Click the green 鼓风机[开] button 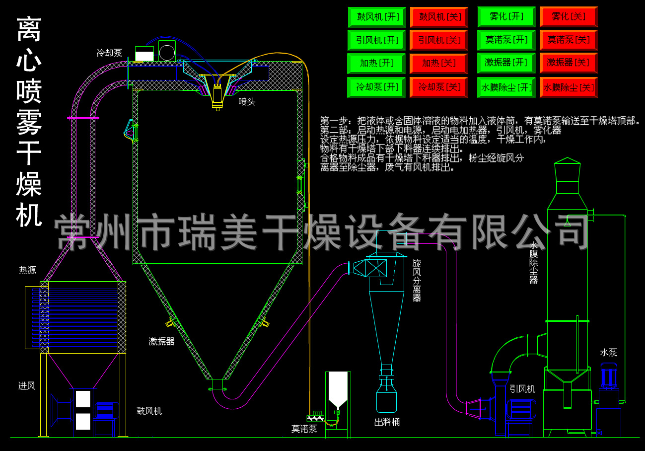(x=377, y=17)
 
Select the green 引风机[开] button (x=377, y=40)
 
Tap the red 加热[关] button (x=438, y=64)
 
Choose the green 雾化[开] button (x=506, y=17)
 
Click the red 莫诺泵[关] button (x=568, y=40)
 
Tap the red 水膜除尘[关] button (x=568, y=87)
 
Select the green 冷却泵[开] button (x=377, y=87)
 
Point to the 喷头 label (x=247, y=102)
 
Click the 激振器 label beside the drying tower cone (x=161, y=341)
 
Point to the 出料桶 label (x=387, y=422)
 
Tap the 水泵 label (x=608, y=352)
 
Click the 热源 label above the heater (x=27, y=270)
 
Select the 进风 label (x=27, y=385)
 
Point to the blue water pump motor (x=609, y=375)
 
